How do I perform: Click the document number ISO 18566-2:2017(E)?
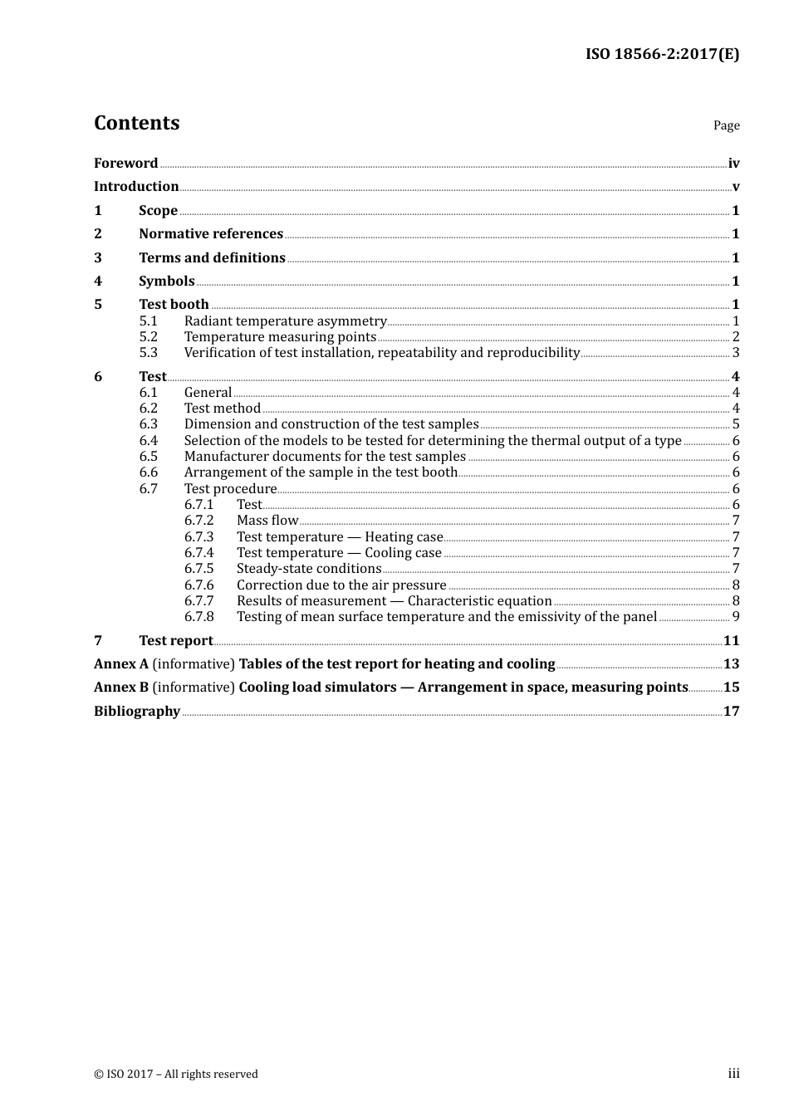tap(662, 54)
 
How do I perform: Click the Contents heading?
tap(136, 123)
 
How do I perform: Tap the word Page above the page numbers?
tap(726, 125)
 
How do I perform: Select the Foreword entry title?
tap(125, 163)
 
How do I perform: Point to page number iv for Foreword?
tap(733, 163)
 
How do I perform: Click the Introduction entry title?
tap(136, 186)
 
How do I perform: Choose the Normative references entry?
tap(211, 233)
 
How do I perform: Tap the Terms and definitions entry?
tap(212, 257)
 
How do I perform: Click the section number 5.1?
tap(148, 321)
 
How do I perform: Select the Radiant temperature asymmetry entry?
tap(285, 321)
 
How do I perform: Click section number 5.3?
tap(148, 352)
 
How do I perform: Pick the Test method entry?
tap(222, 408)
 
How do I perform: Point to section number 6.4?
tap(148, 440)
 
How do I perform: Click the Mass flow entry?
tap(267, 520)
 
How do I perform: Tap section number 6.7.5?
tap(198, 568)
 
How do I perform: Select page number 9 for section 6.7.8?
tap(736, 616)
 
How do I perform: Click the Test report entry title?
tap(175, 640)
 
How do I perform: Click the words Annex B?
tap(121, 687)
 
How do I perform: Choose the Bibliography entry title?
tap(137, 711)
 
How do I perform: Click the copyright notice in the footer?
tap(176, 1074)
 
